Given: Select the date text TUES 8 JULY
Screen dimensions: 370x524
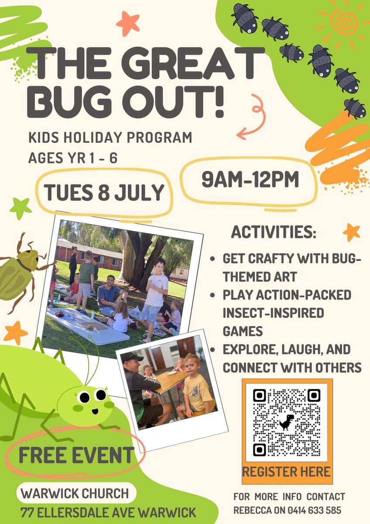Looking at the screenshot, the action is tap(104, 192).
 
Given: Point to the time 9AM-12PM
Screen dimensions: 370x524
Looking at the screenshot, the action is tap(250, 179).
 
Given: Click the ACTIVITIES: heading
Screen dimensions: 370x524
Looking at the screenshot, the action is tap(274, 232).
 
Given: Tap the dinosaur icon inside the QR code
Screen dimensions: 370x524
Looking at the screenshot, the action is tap(287, 422).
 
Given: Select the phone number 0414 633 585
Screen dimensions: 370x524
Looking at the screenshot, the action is tap(314, 510).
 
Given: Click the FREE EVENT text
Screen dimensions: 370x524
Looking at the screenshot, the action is tap(76, 455).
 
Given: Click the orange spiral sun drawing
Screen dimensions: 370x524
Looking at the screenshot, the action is tap(343, 23).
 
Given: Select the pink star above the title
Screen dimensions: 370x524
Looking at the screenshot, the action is tap(128, 24).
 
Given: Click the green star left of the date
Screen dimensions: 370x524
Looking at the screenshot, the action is tap(21, 208).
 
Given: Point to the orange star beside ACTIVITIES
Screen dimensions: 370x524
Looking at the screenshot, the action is tap(351, 232).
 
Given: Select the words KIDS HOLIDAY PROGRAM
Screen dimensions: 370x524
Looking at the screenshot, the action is tap(110, 137).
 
